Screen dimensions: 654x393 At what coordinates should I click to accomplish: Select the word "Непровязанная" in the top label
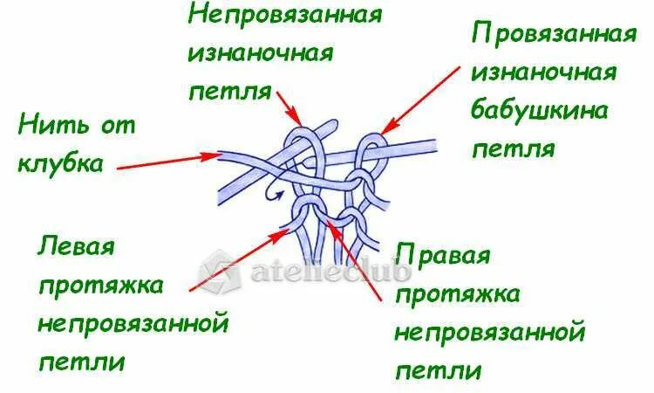tap(285, 17)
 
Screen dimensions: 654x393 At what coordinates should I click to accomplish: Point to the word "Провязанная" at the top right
tap(553, 36)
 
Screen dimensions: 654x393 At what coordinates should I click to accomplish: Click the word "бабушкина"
tap(539, 111)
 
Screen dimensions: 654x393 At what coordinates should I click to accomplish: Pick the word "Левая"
tap(76, 246)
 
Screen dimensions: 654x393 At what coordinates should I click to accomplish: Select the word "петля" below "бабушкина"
tap(513, 148)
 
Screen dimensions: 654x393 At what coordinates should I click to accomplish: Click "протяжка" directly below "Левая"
tap(101, 285)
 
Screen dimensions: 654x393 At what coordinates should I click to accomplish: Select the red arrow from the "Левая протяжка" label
tap(240, 259)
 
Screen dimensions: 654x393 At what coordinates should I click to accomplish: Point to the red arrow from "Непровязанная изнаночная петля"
tap(289, 106)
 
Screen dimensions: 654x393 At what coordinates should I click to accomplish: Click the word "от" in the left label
tap(120, 126)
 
